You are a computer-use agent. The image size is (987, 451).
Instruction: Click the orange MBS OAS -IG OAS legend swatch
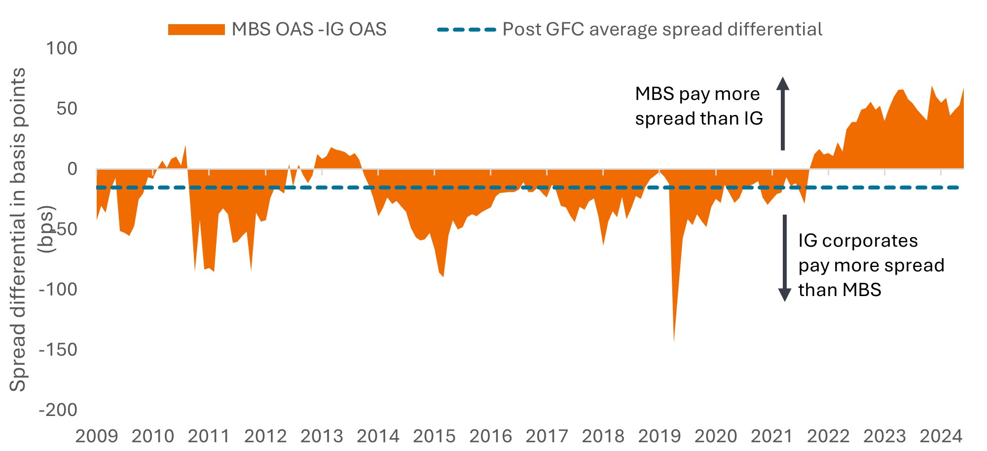[x=196, y=30]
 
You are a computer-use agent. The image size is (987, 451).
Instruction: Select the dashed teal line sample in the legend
[x=466, y=30]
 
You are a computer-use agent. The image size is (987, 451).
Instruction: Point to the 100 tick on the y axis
[x=62, y=48]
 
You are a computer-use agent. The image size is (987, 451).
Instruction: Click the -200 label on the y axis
[x=58, y=410]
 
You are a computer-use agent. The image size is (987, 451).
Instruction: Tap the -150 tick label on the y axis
[x=58, y=350]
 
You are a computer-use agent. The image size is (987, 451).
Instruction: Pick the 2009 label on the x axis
[x=97, y=436]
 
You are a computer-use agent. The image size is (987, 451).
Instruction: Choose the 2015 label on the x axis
[x=434, y=436]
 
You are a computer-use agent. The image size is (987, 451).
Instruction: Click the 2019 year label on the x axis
[x=659, y=436]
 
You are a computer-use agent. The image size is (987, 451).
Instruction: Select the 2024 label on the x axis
[x=941, y=436]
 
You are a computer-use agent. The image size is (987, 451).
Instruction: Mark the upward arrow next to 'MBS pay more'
[x=783, y=113]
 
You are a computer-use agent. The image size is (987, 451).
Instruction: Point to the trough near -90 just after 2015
[x=443, y=276]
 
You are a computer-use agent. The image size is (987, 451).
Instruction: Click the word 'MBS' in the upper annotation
[x=655, y=94]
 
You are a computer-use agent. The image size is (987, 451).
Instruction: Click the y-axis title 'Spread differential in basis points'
[x=18, y=229]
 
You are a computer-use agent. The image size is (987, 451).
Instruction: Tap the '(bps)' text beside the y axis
[x=47, y=229]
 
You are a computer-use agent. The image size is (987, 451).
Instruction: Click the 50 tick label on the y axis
[x=67, y=109]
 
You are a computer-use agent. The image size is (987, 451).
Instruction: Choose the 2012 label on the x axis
[x=265, y=436]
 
